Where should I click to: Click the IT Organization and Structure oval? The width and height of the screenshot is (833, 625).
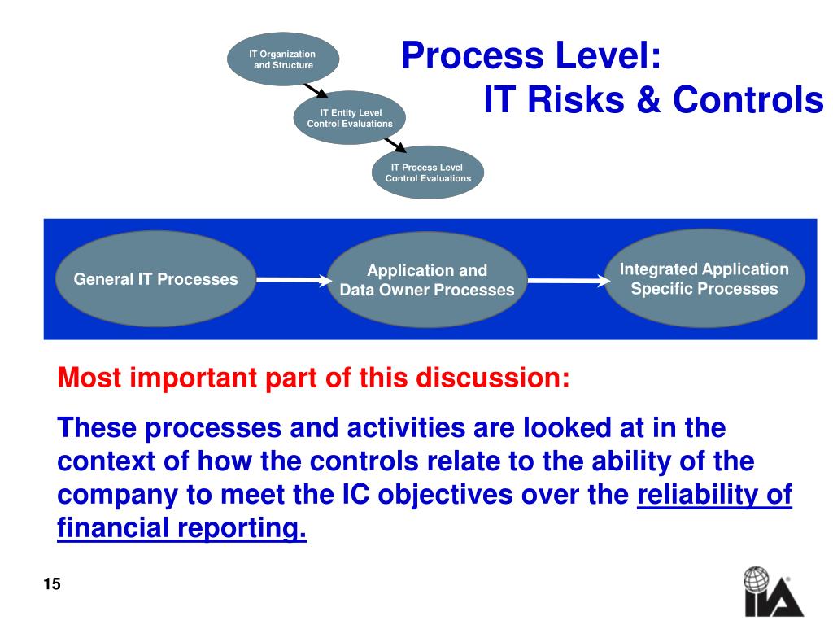283,59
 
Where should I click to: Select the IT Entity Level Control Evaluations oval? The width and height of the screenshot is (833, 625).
350,117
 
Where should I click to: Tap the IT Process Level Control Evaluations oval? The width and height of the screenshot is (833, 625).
428,173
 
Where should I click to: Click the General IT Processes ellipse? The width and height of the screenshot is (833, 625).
155,279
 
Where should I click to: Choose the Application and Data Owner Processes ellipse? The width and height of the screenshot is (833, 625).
427,280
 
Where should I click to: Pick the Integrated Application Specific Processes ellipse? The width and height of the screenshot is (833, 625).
704,278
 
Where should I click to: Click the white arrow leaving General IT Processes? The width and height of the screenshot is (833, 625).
294,280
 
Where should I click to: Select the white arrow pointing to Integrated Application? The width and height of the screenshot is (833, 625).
569,280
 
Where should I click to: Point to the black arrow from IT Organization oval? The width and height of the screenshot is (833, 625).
316,91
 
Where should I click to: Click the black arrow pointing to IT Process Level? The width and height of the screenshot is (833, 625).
395,145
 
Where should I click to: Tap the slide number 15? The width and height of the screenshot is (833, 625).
52,583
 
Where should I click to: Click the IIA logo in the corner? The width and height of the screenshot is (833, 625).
774,592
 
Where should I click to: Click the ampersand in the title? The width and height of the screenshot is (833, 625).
648,99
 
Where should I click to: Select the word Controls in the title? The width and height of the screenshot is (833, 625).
748,99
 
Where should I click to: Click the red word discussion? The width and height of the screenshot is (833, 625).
493,378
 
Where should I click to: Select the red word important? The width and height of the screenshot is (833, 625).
194,378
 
